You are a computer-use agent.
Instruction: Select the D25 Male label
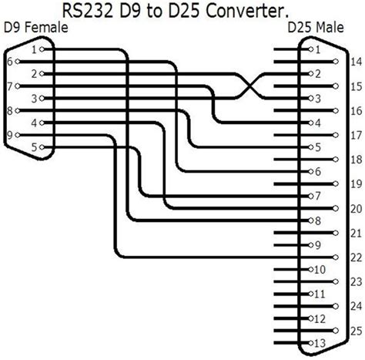(316, 28)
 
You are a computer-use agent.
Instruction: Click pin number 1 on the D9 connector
(34, 49)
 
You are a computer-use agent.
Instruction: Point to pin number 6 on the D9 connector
(10, 61)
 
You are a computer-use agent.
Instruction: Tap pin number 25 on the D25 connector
(355, 330)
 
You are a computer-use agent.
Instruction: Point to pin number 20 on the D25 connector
(355, 208)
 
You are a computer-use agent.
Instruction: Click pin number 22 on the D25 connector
(355, 257)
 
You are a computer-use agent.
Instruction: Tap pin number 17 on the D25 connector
(355, 135)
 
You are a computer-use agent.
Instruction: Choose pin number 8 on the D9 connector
(10, 111)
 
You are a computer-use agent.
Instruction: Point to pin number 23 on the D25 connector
(355, 281)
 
